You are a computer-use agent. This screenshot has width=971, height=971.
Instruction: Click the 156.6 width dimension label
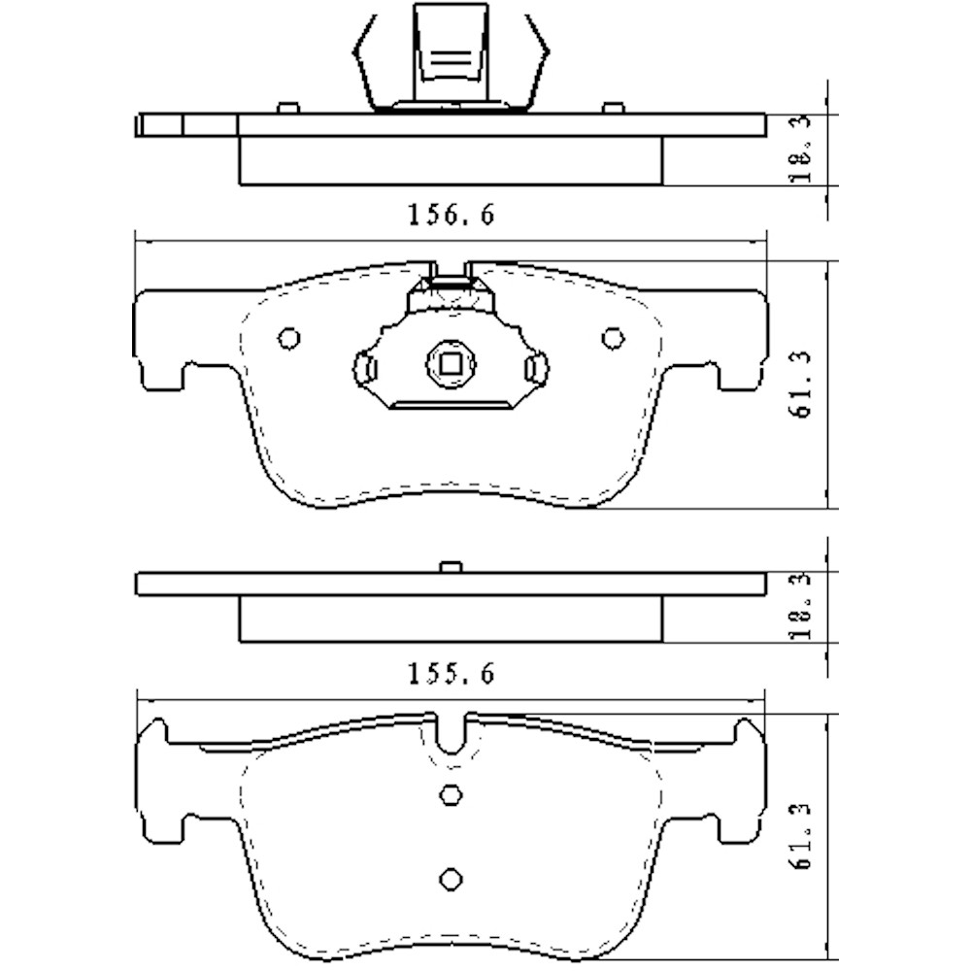coord(450,216)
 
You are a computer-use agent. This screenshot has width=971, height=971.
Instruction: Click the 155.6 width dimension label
coord(450,673)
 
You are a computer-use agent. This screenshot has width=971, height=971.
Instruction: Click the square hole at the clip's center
coord(450,364)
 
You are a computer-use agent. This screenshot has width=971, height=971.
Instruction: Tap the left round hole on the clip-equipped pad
coord(288,338)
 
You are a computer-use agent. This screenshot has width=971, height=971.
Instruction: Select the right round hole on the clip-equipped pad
coord(611,338)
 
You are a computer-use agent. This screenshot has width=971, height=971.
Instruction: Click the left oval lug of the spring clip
coord(366,367)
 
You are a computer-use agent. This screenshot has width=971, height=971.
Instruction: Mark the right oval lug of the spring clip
coord(533,367)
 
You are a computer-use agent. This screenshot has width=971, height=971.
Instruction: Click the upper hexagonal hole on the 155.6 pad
coord(450,793)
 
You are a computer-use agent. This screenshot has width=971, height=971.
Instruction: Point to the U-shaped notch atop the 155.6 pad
coord(450,734)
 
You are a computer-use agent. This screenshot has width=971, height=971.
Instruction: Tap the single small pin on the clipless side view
coord(449,567)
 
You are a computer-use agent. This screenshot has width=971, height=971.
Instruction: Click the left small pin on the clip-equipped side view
coord(286,108)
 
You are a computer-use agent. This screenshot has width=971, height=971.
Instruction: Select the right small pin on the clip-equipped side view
coord(612,108)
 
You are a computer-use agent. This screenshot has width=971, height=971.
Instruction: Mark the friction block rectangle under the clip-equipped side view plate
coord(450,161)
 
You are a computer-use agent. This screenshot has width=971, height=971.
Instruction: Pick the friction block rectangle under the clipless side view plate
coord(450,619)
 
